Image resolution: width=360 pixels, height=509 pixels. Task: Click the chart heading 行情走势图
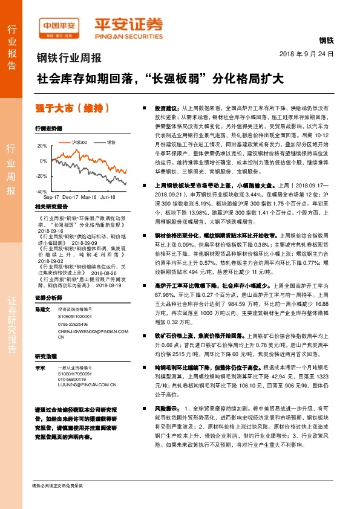pos(49,129)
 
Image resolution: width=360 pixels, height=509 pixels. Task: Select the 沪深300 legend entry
pos(78,142)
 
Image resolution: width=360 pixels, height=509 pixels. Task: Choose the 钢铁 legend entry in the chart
pos(110,142)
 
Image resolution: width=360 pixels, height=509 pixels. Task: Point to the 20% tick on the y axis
pos(42,146)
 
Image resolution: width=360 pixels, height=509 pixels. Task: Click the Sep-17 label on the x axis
pos(51,197)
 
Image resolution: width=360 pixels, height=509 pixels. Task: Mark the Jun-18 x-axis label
pos(108,197)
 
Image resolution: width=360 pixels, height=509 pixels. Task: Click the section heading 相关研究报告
pos(51,206)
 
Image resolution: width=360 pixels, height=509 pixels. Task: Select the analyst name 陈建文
pos(42,308)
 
